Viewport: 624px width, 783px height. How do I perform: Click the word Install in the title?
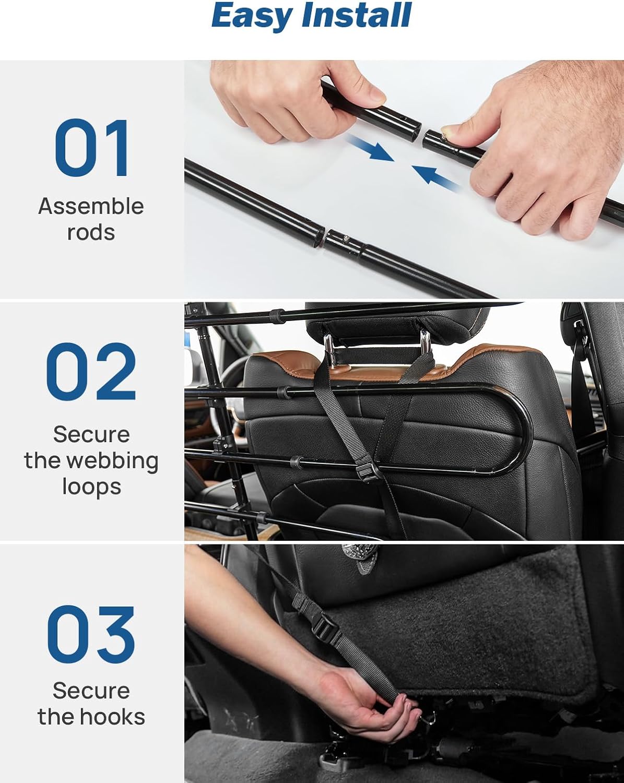[x=357, y=15]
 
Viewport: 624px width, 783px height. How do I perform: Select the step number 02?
[x=91, y=372]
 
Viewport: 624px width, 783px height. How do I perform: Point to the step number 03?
[x=91, y=635]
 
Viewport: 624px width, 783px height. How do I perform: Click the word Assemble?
[x=91, y=206]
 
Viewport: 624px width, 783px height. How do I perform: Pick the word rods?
[x=91, y=232]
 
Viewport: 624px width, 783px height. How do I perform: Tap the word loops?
[x=91, y=487]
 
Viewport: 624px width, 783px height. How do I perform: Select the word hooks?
[x=112, y=716]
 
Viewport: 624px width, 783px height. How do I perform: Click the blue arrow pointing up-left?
[x=437, y=179]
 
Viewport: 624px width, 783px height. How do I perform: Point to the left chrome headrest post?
[x=329, y=344]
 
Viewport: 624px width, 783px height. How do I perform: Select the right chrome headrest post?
[x=425, y=340]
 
